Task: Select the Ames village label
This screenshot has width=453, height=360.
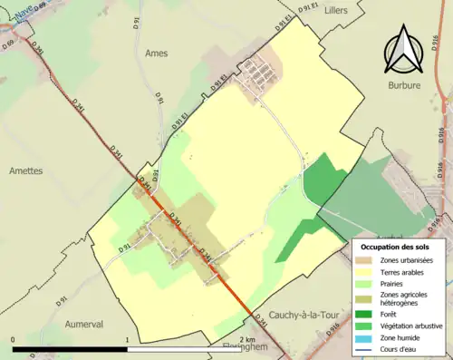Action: click(x=157, y=54)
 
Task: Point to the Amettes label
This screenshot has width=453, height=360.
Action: click(x=26, y=170)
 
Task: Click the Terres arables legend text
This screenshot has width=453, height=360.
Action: click(x=404, y=272)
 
